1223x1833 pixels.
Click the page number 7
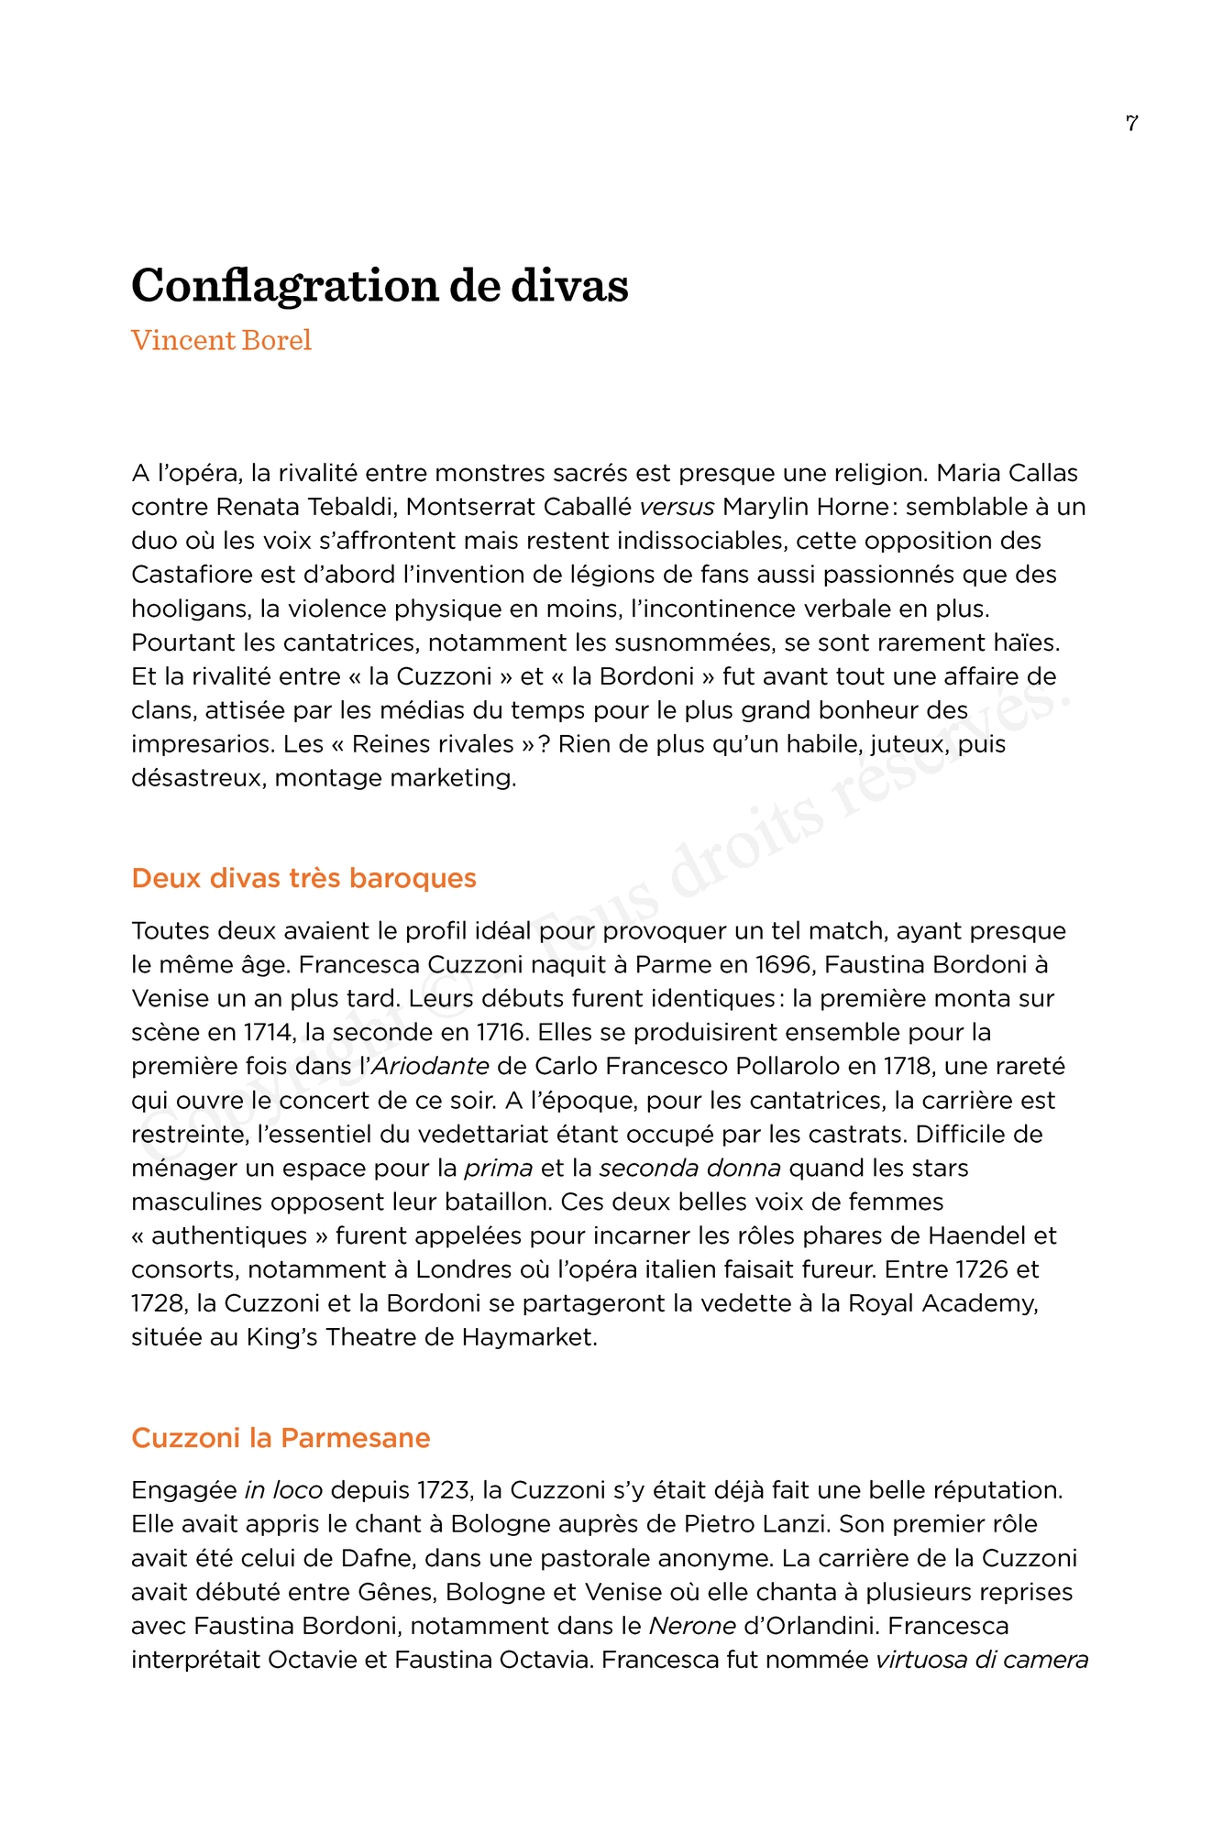click(1131, 123)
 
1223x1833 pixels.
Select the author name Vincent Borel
click(221, 340)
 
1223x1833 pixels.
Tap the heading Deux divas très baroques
click(303, 878)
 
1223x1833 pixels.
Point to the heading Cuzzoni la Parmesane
click(281, 1437)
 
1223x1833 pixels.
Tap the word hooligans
click(189, 609)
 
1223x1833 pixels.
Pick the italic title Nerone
click(692, 1626)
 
